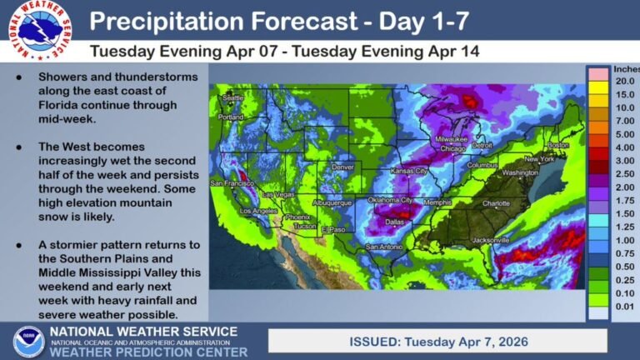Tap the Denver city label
point(343,167)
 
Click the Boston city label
point(557,145)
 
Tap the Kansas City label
point(409,171)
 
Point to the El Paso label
point(333,228)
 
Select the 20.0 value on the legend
point(624,81)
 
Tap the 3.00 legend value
point(624,160)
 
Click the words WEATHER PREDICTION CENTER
point(147,352)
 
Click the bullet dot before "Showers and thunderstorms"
point(19,76)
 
